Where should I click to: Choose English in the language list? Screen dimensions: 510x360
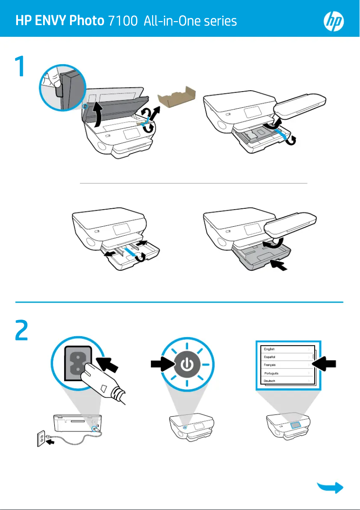(x=270, y=349)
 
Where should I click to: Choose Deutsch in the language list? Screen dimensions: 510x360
(x=270, y=381)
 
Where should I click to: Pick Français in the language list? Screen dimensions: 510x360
(x=271, y=365)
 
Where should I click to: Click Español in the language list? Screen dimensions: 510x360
(x=270, y=357)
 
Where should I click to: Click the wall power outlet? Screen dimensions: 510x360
(x=41, y=439)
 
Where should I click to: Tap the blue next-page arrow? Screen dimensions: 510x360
(x=331, y=488)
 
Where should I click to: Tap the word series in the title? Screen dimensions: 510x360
(x=220, y=21)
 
